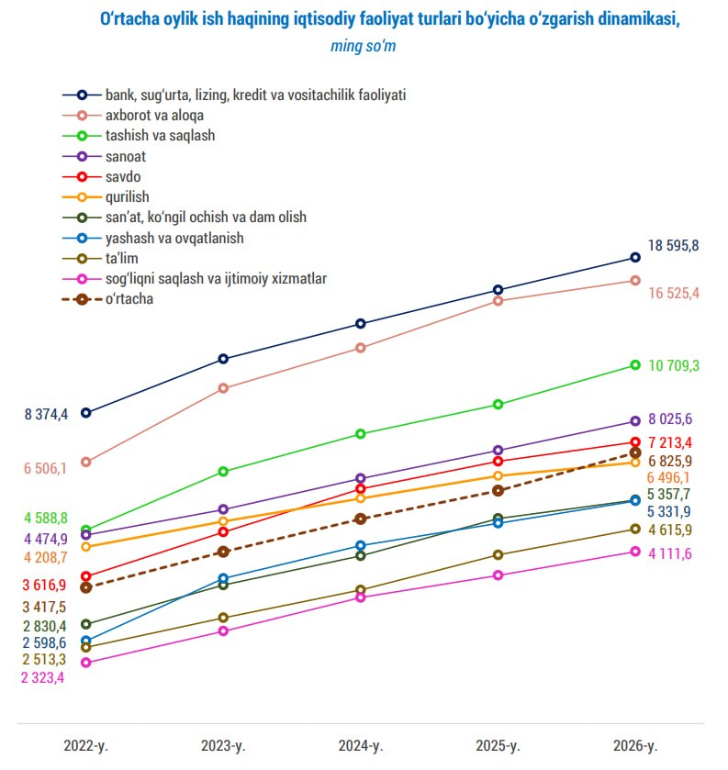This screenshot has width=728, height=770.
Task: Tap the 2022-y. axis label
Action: pyautogui.click(x=85, y=743)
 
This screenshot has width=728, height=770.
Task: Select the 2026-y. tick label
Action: pyautogui.click(x=634, y=743)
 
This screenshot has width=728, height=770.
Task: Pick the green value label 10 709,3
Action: pyautogui.click(x=674, y=365)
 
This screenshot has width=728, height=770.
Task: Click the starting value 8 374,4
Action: pyautogui.click(x=46, y=415)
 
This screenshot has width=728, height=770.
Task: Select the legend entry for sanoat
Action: pyautogui.click(x=126, y=156)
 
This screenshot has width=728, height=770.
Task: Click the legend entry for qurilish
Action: pyautogui.click(x=127, y=196)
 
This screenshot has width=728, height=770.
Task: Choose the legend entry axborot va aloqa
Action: pyautogui.click(x=154, y=116)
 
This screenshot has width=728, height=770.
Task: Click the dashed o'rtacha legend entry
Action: pyautogui.click(x=129, y=298)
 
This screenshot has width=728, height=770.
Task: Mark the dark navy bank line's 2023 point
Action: pyautogui.click(x=223, y=359)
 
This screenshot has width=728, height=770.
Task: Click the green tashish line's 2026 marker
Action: pyautogui.click(x=634, y=365)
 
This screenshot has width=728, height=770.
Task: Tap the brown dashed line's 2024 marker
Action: pyautogui.click(x=360, y=519)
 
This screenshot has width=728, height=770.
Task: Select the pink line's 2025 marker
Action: pyautogui.click(x=498, y=575)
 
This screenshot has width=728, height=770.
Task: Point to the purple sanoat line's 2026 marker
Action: pyautogui.click(x=634, y=421)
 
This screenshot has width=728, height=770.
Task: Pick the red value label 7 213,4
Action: pyautogui.click(x=670, y=443)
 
